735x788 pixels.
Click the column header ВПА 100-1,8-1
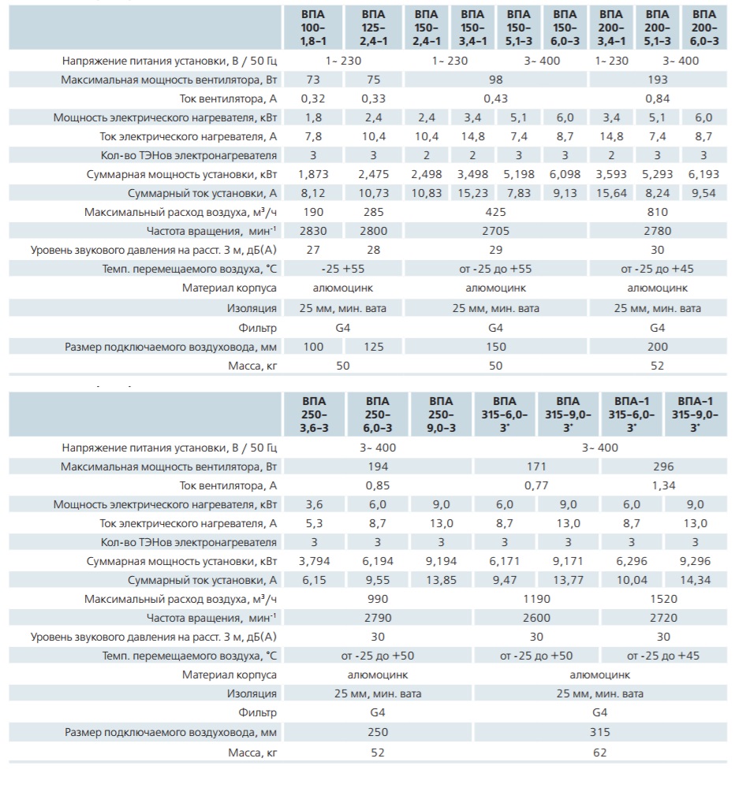click(313, 28)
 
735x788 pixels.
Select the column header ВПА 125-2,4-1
click(373, 28)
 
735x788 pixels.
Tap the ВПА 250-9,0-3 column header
click(441, 414)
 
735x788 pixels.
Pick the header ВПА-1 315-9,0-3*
click(695, 414)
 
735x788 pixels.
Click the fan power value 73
click(313, 80)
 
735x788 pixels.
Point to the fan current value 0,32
click(313, 99)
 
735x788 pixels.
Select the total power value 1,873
click(313, 174)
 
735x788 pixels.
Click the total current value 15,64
click(611, 194)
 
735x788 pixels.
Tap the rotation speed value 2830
click(313, 231)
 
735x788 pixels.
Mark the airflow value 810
click(658, 212)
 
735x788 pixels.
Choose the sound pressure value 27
click(313, 251)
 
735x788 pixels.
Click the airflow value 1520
click(663, 599)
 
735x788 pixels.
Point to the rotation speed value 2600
click(536, 618)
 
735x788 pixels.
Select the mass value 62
click(599, 753)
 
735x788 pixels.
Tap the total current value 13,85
click(441, 581)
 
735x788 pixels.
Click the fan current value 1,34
click(663, 486)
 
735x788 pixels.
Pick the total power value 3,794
click(314, 561)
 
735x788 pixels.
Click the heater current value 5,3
click(314, 524)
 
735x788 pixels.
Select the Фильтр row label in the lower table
click(257, 712)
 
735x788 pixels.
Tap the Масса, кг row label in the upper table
click(252, 366)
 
